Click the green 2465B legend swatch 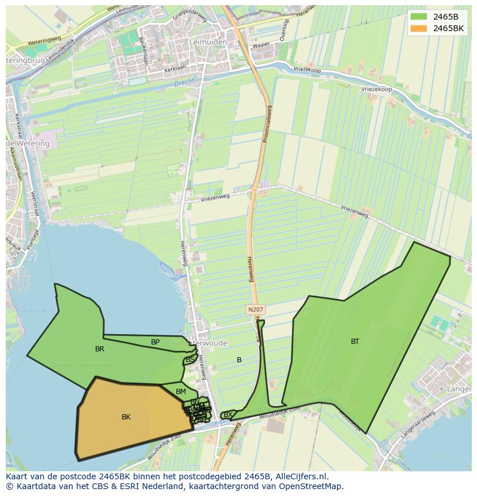(419, 16)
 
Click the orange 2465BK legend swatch (419, 28)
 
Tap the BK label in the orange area (126, 417)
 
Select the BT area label (355, 341)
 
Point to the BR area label (100, 349)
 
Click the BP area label (155, 342)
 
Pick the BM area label (181, 391)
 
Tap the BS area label (190, 359)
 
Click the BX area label (228, 414)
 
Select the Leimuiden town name (207, 42)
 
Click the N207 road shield (255, 309)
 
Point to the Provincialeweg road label (268, 124)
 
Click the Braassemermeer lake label (83, 366)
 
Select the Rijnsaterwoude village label (199, 343)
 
